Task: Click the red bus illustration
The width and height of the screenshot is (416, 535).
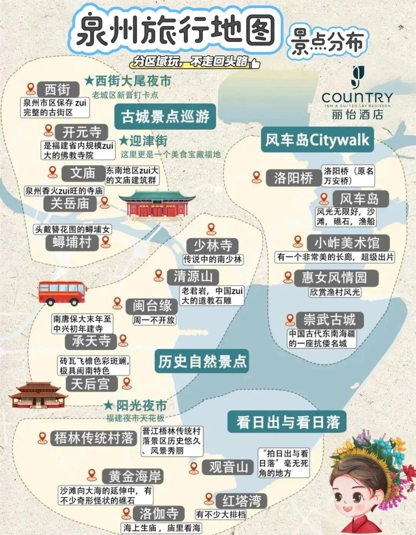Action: pos(62,293)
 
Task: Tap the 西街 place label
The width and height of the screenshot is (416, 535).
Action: pos(58,90)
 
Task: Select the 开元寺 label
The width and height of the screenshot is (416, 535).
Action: pos(82,132)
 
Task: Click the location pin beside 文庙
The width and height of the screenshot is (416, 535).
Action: pos(53,172)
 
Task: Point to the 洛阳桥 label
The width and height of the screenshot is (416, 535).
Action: pos(293,178)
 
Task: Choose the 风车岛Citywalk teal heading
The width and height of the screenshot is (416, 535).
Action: pos(317,139)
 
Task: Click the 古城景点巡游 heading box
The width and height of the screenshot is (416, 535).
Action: pos(165,117)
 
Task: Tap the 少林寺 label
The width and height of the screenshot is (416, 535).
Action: pos(212,245)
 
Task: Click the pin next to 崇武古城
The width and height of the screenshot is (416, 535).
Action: pos(290,319)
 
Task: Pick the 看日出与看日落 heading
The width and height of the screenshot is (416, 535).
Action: pos(288,422)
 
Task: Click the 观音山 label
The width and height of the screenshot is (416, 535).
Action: pos(228,467)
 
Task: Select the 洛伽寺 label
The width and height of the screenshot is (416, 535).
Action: pos(159,513)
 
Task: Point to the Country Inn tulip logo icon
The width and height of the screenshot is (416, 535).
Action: pos(357,77)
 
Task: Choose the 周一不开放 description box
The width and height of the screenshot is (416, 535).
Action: pos(154,320)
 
